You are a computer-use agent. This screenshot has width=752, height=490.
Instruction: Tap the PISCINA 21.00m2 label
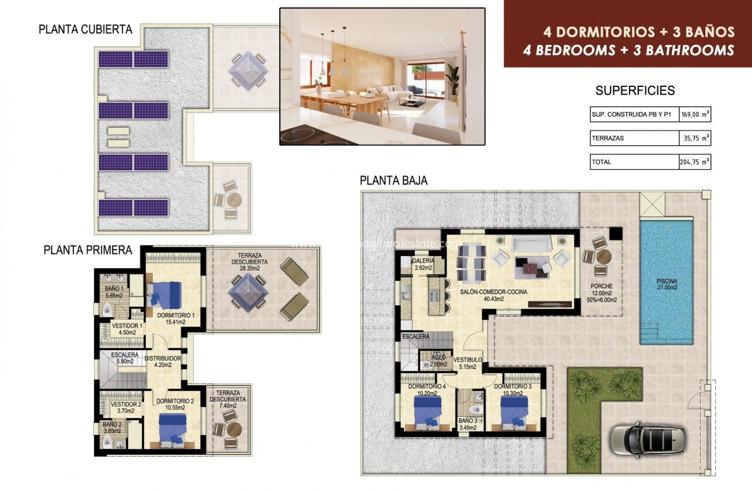pos(666,283)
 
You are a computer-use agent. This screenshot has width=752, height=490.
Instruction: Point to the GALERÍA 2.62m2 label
pos(423,264)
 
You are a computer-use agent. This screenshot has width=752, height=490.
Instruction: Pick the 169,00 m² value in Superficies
pos(695,116)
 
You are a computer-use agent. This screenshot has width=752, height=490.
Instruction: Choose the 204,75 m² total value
pos(695,162)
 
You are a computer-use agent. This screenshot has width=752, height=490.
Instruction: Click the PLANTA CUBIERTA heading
pos(85,29)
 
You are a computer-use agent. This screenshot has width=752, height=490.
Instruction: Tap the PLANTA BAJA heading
pos(393,181)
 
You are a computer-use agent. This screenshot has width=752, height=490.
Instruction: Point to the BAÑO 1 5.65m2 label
pos(114,292)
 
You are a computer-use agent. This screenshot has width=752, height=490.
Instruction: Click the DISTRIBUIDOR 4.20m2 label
pos(163,362)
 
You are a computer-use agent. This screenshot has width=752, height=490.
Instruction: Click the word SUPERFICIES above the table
pos(635,90)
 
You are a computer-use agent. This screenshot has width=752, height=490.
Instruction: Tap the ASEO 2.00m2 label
pos(438,361)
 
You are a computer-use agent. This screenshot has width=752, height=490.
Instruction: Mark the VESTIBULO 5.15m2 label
pos(468,363)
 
